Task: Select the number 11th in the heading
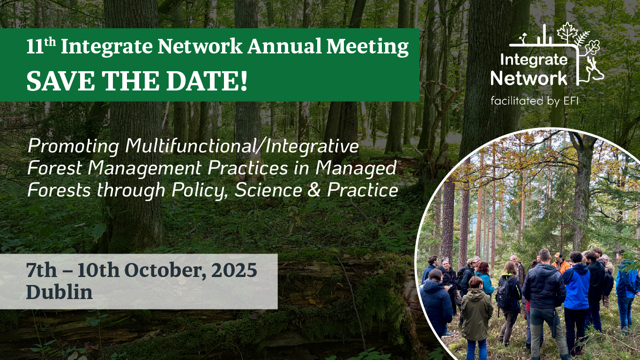41,46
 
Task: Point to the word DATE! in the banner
207,81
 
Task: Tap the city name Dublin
60,292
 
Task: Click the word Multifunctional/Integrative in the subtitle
242,146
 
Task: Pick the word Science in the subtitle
268,190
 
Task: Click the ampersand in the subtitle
314,190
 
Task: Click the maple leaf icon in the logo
567,32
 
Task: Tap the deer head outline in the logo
594,70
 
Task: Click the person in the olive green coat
476,317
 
